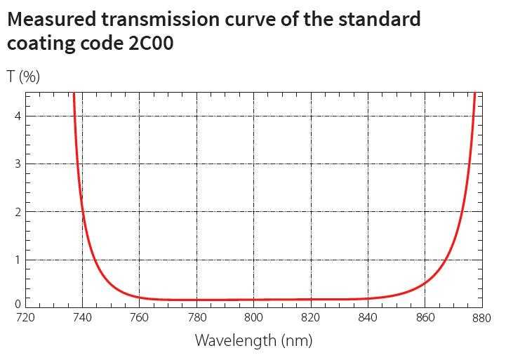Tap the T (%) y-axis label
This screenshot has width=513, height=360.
coord(23,76)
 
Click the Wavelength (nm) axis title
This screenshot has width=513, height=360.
coord(253,341)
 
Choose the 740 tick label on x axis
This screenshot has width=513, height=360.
coord(82,318)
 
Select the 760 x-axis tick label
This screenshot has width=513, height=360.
coord(139,318)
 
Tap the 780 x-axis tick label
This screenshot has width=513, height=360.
coord(196,318)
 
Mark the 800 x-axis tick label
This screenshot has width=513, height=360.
coord(253,318)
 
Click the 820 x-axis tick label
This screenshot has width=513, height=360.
coord(310,318)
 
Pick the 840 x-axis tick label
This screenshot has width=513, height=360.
coord(368,318)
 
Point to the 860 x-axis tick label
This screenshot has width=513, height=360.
coord(425,318)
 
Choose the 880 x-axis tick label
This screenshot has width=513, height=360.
coord(481,318)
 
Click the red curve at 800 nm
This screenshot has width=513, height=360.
coord(253,300)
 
